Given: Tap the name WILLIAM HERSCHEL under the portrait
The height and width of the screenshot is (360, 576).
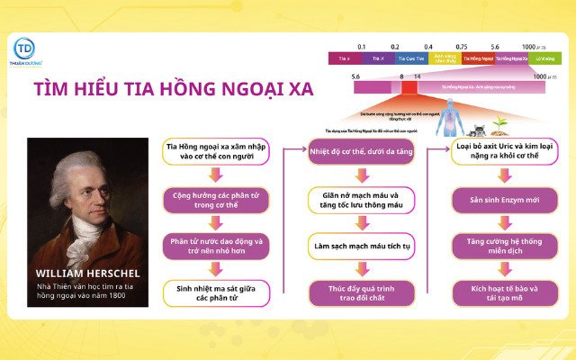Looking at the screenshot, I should click(86, 273).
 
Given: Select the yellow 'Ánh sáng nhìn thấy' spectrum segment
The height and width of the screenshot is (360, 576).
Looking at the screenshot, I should click(445, 58).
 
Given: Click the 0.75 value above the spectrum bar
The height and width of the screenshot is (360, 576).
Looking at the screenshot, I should click(461, 46).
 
